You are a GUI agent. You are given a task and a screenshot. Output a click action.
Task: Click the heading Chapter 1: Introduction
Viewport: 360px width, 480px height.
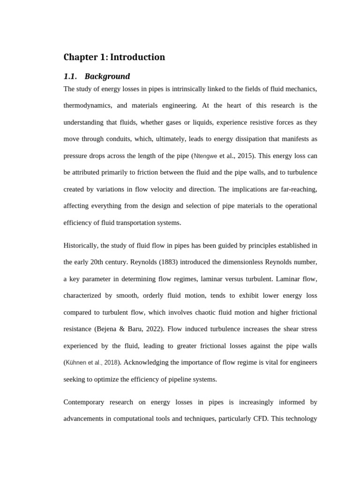114,57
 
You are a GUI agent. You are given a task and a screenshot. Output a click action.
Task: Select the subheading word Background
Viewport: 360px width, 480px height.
107,76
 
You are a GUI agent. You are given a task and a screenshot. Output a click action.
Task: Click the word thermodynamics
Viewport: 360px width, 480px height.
88,105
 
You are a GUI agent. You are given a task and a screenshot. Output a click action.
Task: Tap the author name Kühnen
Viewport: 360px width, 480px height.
75,363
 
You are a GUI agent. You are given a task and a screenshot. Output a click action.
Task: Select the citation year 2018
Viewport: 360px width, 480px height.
111,363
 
